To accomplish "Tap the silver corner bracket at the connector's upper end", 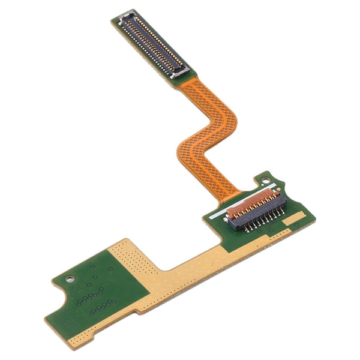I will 127,16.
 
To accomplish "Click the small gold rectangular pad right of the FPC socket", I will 294,221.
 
